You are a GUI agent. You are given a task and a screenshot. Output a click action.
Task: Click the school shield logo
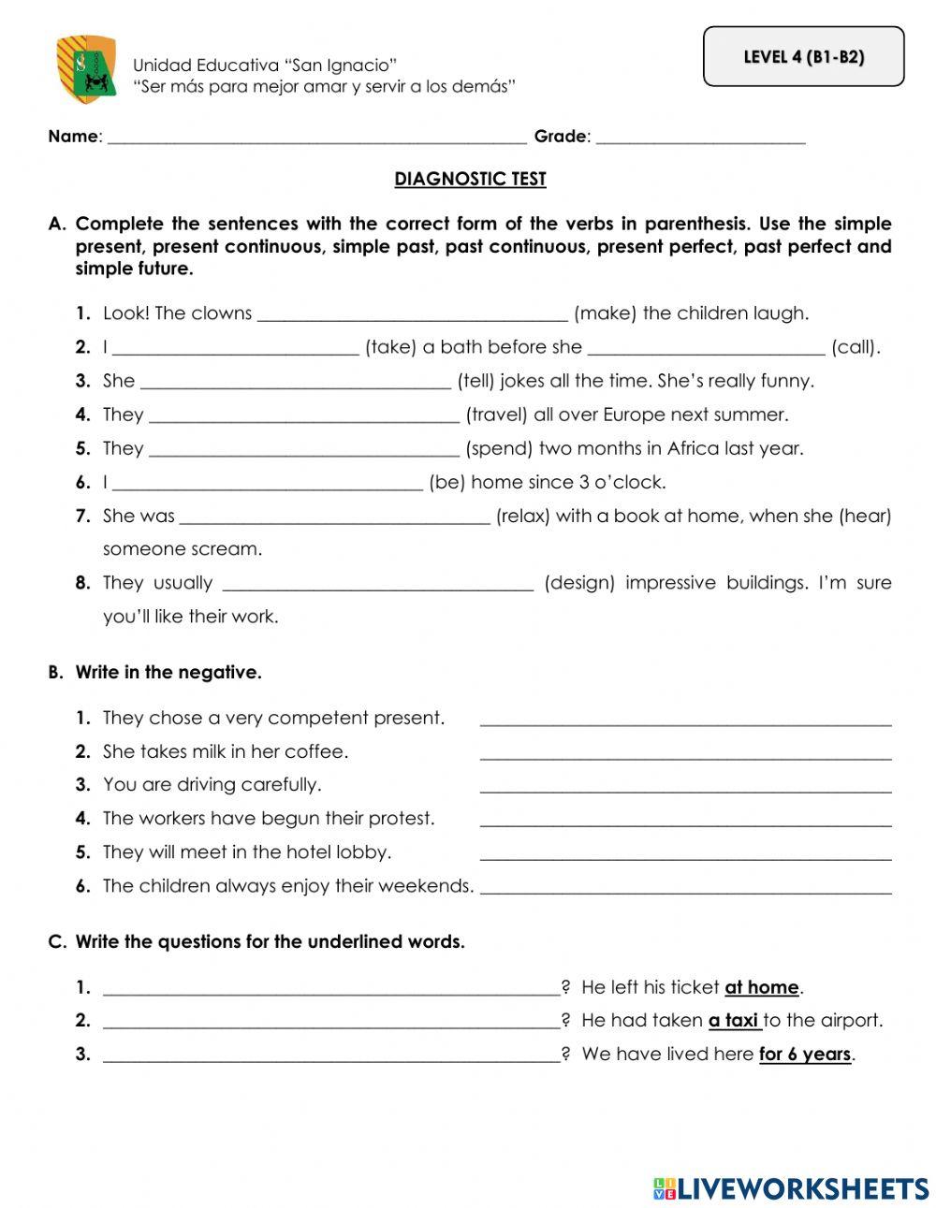click(86, 68)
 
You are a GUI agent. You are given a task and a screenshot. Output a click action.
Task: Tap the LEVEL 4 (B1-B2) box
click(803, 57)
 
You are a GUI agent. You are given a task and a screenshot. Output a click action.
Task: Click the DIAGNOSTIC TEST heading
click(470, 179)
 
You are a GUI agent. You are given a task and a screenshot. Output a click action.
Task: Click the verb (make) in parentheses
click(605, 313)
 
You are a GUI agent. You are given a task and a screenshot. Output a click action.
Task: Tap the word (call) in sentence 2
click(856, 347)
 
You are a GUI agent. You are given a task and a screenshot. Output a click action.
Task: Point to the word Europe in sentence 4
click(636, 415)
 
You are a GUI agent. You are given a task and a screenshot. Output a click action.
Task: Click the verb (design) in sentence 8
click(579, 583)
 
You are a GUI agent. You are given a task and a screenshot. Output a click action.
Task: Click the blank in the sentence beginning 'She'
click(295, 383)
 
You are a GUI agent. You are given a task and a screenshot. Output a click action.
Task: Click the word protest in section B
click(403, 819)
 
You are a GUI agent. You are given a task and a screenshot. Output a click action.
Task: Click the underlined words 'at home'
click(762, 987)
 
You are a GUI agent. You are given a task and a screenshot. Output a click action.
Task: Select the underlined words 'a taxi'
click(734, 1021)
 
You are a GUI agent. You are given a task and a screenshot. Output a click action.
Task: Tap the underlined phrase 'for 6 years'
click(805, 1055)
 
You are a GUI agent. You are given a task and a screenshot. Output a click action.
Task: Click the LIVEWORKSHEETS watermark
click(791, 1188)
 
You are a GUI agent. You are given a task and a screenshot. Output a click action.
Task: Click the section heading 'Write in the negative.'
click(168, 672)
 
